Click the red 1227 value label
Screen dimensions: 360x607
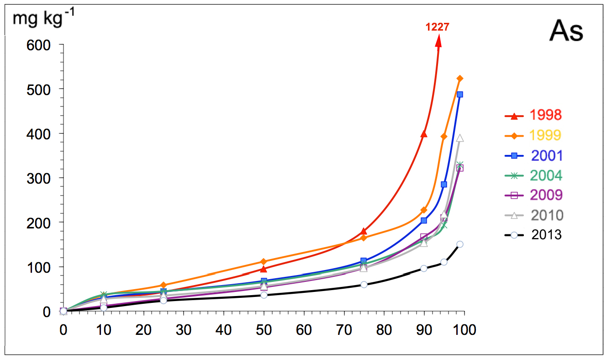[x=437, y=27]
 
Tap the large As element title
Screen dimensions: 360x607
[x=566, y=31]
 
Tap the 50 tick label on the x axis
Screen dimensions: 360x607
[x=264, y=330]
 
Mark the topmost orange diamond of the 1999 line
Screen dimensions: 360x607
[x=460, y=79]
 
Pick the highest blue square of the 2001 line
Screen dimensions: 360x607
[x=460, y=95]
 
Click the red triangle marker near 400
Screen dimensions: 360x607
[x=424, y=134]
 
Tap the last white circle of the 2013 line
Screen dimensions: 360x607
[x=460, y=244]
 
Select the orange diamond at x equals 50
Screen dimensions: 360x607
[x=264, y=262]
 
